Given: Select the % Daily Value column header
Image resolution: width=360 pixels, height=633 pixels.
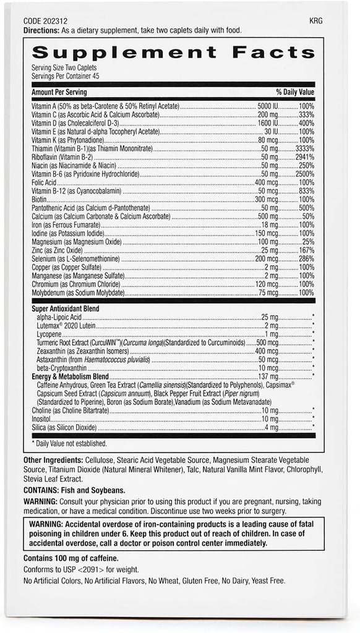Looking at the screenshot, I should [295, 92].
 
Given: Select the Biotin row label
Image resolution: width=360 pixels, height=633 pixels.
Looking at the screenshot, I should [40, 200].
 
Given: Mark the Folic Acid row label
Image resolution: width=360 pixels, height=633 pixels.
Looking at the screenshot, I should [44, 183].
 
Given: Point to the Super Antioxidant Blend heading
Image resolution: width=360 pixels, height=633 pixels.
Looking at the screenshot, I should [66, 308].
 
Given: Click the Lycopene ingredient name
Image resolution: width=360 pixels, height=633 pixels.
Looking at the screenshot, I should [49, 333].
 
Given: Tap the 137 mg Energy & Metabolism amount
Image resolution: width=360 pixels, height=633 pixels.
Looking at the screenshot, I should [268, 376].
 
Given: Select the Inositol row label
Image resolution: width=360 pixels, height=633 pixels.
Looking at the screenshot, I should [41, 418].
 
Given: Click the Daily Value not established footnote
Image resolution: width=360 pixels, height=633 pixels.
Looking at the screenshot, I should [69, 443].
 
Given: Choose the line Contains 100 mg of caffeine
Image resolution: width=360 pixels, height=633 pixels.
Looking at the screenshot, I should [71, 558].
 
